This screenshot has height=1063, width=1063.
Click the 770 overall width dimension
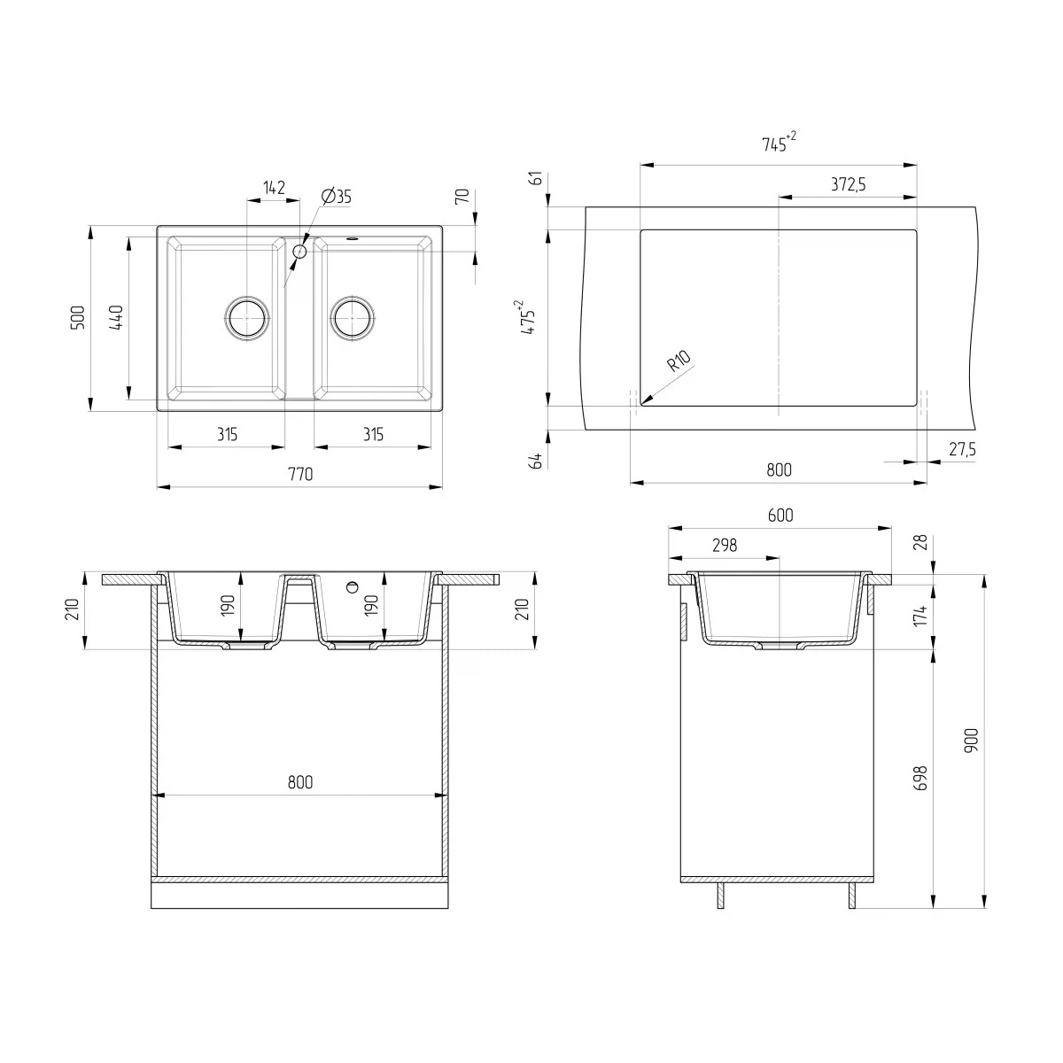[300, 475]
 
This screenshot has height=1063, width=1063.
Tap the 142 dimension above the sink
[274, 188]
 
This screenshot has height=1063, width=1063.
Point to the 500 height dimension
[78, 318]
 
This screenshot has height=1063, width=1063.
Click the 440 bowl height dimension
[116, 318]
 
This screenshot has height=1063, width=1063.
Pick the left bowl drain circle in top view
[246, 316]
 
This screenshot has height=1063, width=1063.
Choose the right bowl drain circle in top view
[353, 316]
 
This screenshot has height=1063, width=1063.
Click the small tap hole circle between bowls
[299, 252]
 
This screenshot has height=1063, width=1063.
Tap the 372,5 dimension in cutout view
[848, 184]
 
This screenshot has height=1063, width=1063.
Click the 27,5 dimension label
[962, 450]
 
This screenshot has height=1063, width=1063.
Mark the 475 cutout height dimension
[529, 316]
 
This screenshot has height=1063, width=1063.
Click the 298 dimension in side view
[724, 546]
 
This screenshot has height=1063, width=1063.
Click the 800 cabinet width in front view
[300, 783]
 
